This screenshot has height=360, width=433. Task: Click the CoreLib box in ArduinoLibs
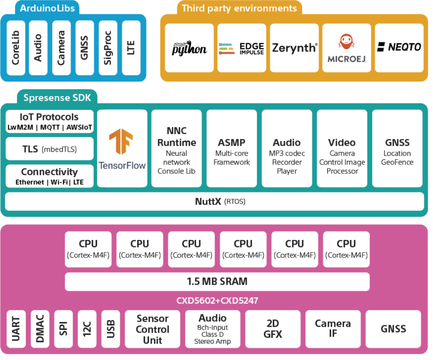click(16, 48)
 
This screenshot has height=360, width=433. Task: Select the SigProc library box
click(107, 48)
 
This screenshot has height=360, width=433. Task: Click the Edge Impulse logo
click(241, 48)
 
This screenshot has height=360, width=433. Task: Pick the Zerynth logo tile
click(294, 48)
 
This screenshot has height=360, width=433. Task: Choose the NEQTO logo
click(399, 47)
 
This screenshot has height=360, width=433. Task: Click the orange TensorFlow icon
click(121, 141)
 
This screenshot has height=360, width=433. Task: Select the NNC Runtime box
click(176, 148)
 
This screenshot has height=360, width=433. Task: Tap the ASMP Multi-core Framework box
click(232, 148)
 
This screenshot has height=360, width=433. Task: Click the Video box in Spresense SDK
click(342, 148)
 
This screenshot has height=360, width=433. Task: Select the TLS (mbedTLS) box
click(49, 149)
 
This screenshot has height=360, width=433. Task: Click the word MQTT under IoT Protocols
click(53, 127)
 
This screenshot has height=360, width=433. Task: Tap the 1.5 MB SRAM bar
click(217, 281)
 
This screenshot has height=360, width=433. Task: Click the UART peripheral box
click(16, 329)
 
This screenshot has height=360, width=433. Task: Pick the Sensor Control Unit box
click(152, 329)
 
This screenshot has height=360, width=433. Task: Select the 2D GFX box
click(272, 329)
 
